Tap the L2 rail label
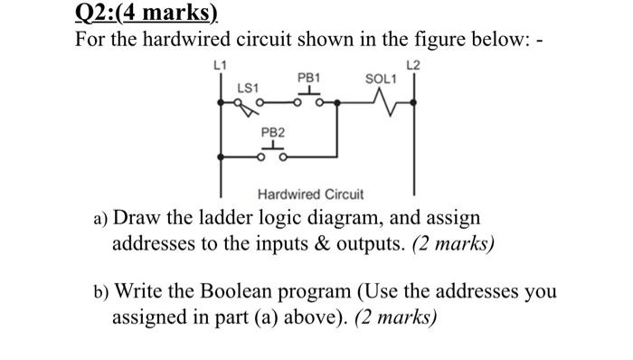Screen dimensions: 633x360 (x=414, y=65)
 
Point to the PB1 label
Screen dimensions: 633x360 (x=310, y=78)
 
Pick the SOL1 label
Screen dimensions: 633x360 (x=380, y=78)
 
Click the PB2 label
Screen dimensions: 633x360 (x=272, y=132)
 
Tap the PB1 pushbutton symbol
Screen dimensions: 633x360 (x=310, y=97)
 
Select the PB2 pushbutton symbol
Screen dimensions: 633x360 (x=272, y=152)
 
